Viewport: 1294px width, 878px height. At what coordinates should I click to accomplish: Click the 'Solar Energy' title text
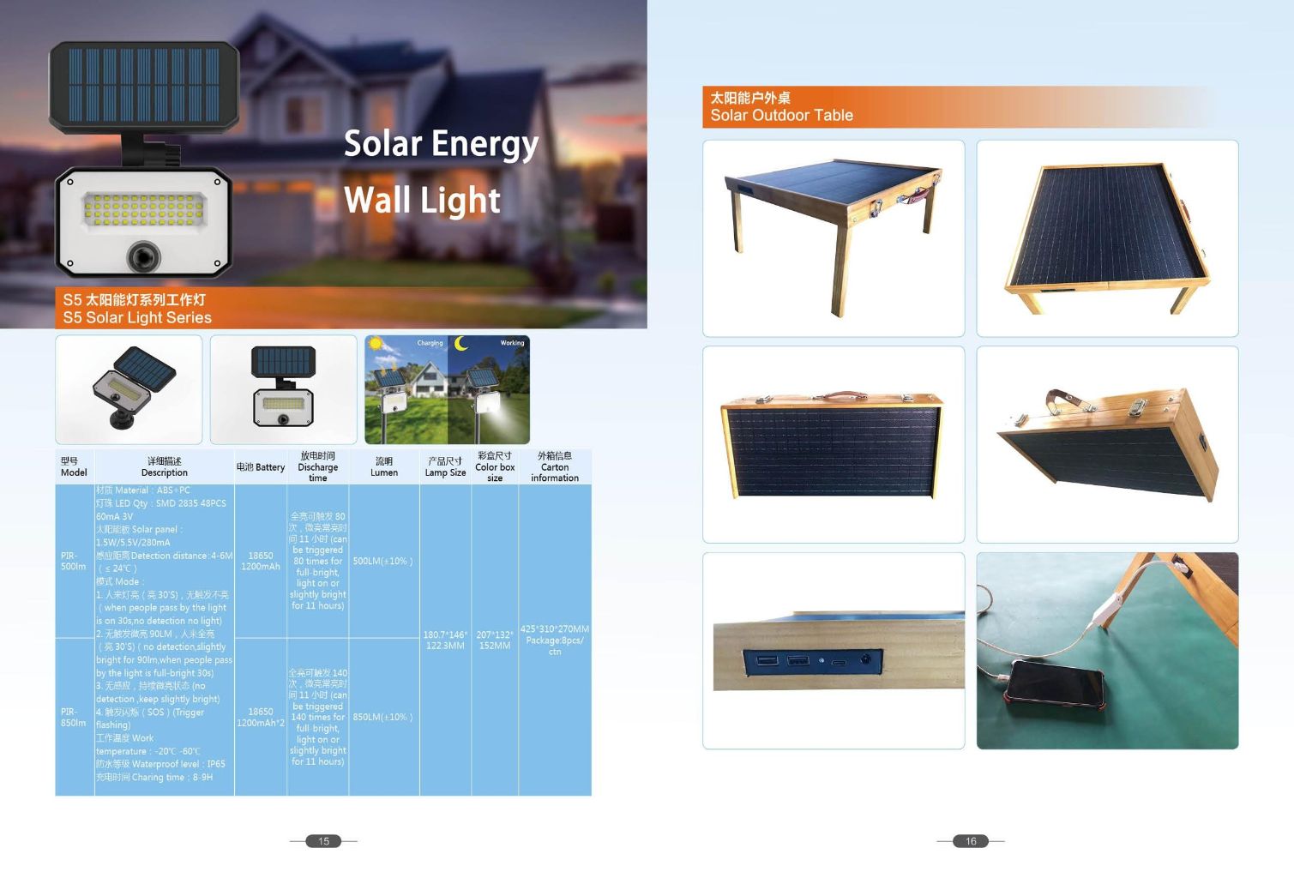click(441, 144)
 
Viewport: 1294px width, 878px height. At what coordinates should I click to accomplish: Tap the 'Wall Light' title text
click(422, 201)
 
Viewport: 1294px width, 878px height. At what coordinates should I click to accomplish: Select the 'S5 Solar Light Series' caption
click(137, 318)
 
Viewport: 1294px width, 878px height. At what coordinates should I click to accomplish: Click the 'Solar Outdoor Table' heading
click(781, 116)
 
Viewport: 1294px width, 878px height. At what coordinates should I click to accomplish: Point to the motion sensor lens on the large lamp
click(143, 255)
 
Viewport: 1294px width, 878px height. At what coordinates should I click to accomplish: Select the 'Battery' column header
click(261, 467)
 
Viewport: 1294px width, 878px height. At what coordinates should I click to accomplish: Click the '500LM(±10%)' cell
click(383, 562)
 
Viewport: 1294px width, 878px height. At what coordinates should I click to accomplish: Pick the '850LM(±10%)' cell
click(383, 718)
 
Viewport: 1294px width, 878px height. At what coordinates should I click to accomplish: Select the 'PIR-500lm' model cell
click(74, 562)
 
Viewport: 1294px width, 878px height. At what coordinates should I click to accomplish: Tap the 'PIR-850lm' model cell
click(74, 718)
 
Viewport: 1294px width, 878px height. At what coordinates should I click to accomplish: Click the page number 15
click(324, 841)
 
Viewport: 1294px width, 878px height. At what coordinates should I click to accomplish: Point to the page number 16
click(971, 841)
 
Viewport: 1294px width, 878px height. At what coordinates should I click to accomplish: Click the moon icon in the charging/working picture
click(462, 344)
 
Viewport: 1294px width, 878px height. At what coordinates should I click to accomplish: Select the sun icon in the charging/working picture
click(375, 345)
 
